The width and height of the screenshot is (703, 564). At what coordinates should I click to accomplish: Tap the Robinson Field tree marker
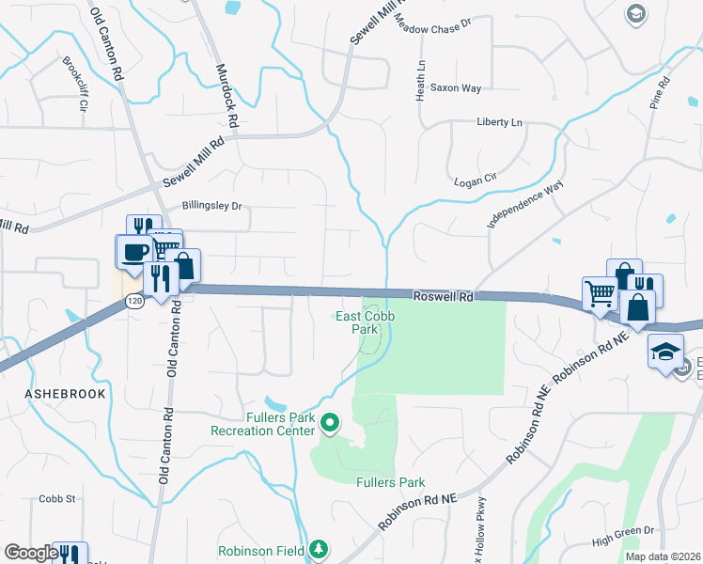320,548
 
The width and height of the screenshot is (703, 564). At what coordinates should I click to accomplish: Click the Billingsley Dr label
211,205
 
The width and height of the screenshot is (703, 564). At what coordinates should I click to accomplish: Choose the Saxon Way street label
455,88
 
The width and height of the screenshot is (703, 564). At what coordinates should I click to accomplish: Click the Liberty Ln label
499,122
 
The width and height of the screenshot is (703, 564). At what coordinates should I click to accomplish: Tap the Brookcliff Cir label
74,85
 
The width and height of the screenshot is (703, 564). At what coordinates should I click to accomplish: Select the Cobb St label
56,499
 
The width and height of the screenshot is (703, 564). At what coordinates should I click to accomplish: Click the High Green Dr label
623,537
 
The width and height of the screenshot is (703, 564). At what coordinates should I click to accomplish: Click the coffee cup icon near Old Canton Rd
133,252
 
